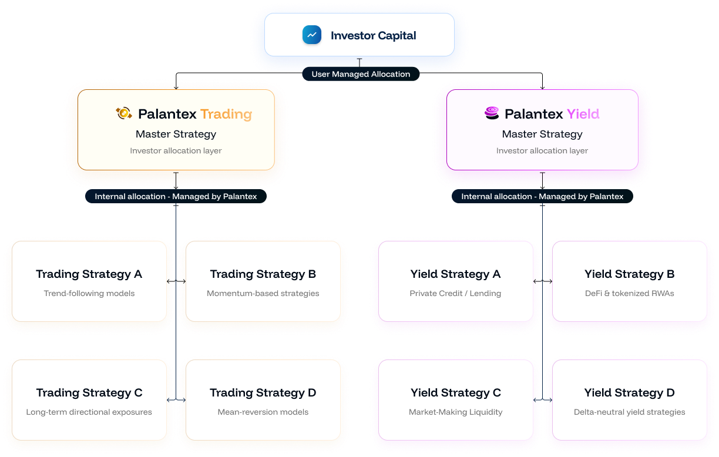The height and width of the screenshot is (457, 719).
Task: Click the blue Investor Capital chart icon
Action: click(x=312, y=35)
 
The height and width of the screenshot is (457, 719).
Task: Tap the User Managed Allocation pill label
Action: click(x=361, y=74)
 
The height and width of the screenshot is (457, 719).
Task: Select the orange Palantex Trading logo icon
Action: click(x=124, y=113)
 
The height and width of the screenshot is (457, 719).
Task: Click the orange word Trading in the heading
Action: click(x=226, y=114)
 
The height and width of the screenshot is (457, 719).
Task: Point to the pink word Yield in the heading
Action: click(x=583, y=114)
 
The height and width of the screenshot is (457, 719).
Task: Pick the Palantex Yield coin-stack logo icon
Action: click(x=492, y=113)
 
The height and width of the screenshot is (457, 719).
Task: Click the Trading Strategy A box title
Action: click(x=89, y=274)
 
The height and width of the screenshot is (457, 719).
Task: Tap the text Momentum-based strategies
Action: click(x=263, y=293)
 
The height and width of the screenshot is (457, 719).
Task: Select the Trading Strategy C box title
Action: click(x=89, y=393)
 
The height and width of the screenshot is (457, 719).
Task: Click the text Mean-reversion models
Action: click(x=263, y=412)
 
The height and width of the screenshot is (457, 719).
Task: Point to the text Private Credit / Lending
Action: click(x=455, y=293)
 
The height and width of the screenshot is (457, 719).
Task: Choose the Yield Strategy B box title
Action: click(x=629, y=274)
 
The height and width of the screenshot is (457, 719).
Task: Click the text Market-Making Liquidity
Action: click(x=455, y=412)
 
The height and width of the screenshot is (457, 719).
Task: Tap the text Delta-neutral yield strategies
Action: click(x=629, y=412)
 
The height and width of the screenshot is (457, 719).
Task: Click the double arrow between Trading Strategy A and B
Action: click(x=176, y=282)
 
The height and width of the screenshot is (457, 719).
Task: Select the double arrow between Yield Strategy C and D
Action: click(x=543, y=401)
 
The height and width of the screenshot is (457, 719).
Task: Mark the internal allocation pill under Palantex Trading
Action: click(x=176, y=196)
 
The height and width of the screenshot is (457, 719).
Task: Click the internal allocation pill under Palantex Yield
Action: click(x=542, y=196)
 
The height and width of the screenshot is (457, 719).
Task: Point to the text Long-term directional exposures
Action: click(x=89, y=412)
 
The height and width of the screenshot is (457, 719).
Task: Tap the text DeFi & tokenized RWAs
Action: click(x=629, y=293)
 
